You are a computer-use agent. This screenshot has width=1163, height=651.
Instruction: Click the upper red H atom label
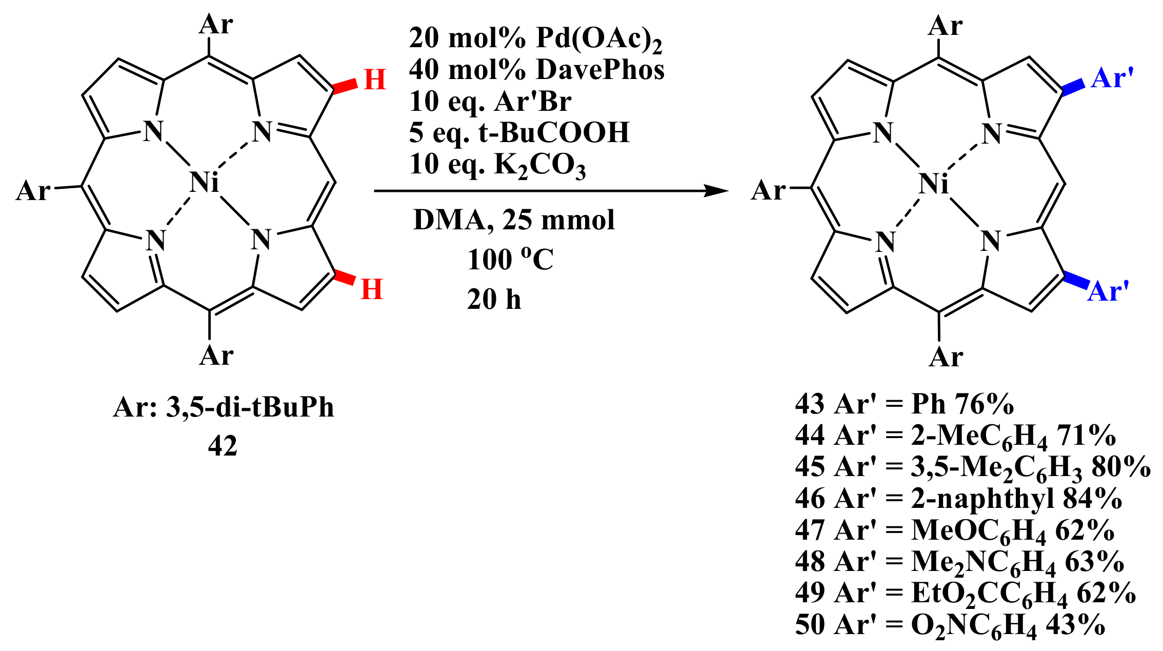point(374,80)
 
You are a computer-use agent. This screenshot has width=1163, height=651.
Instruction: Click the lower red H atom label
point(372,289)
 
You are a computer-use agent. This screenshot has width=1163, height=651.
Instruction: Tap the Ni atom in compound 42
point(204,183)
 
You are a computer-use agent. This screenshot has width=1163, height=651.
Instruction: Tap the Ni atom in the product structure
point(934,184)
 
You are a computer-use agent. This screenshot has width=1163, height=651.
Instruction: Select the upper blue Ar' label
point(1112,79)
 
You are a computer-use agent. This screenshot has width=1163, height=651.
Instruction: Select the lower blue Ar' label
point(1108,291)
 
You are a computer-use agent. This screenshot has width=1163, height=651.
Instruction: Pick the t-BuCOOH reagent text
point(554,132)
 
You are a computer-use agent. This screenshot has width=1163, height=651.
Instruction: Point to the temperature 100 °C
point(510,259)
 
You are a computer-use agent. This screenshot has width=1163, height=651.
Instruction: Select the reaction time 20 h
point(494,299)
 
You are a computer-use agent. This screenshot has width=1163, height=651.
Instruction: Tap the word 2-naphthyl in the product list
point(982,498)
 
